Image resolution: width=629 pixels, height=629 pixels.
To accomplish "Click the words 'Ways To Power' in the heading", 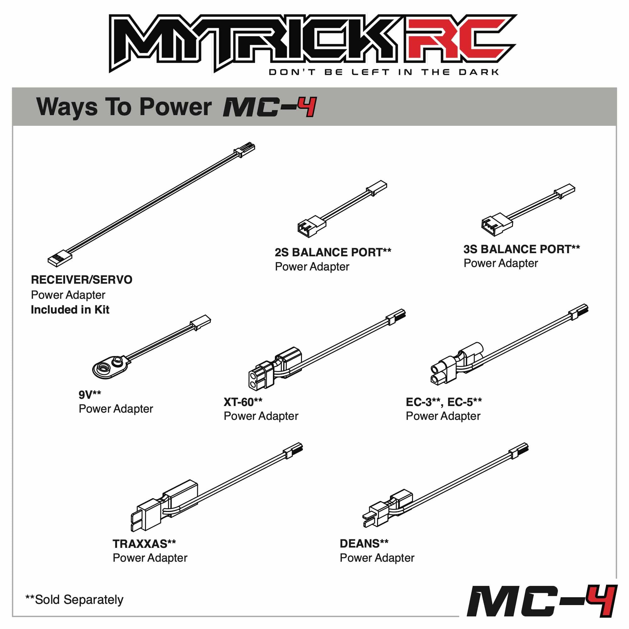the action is [124, 107].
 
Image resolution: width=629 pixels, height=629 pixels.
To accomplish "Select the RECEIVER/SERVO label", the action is [81, 280].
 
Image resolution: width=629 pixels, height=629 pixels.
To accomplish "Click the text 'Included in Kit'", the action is [70, 309].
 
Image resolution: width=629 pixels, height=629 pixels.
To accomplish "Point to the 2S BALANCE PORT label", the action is [333, 252].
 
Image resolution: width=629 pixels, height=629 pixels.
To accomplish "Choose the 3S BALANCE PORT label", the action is [521, 249].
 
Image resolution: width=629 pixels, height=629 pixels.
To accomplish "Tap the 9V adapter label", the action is [90, 395].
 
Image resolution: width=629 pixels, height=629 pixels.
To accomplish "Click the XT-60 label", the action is [243, 402].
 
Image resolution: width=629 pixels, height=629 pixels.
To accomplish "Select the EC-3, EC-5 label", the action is [444, 402].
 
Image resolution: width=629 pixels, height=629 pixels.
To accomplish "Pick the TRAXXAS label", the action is [144, 544].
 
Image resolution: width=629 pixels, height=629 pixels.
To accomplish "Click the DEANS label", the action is [364, 543].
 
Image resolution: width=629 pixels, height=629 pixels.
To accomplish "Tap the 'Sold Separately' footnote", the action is [75, 599].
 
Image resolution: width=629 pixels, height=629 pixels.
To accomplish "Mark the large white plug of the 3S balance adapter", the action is [497, 224].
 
